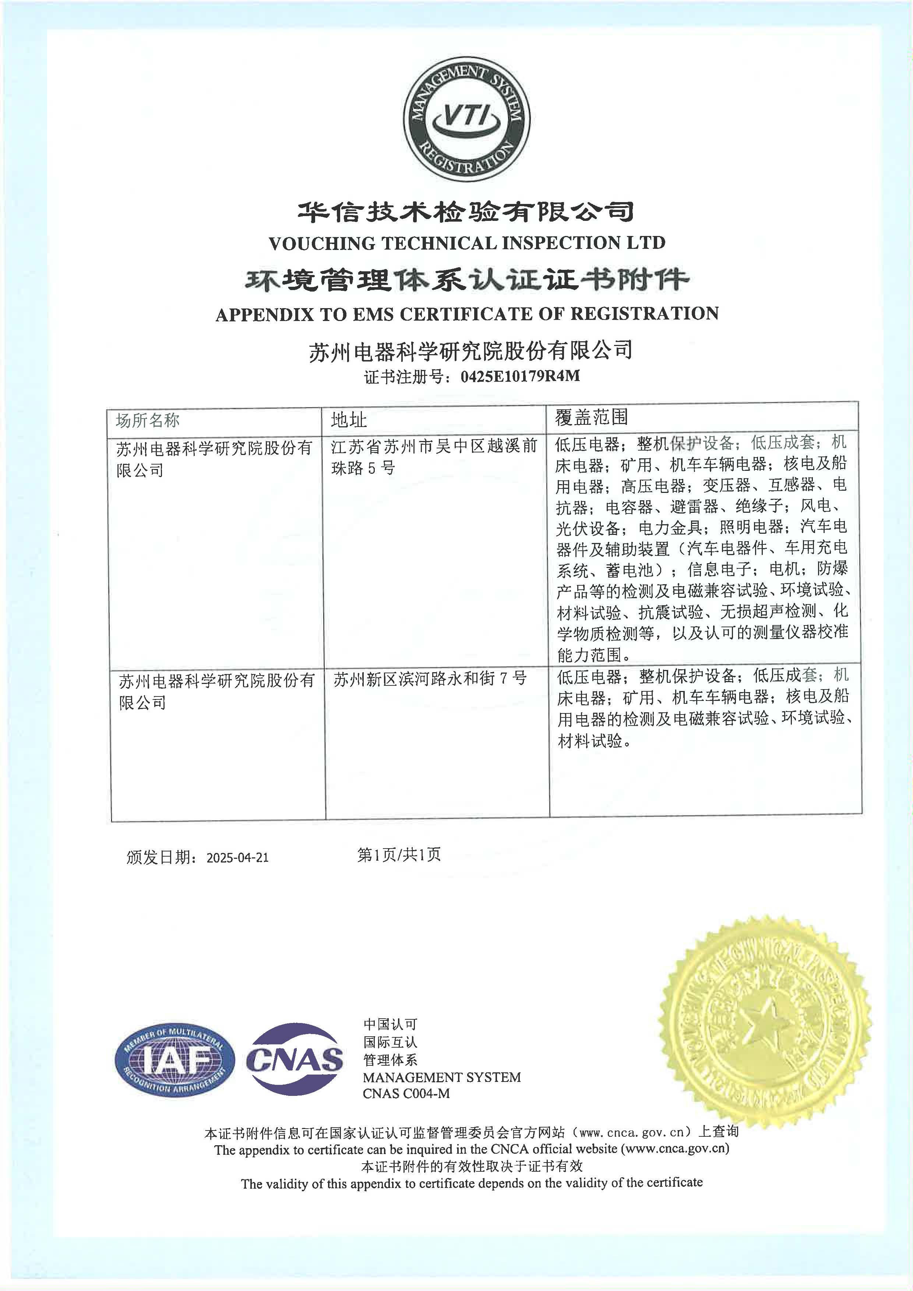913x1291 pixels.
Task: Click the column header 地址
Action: click(x=349, y=419)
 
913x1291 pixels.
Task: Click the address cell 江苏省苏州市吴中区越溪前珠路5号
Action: click(x=434, y=456)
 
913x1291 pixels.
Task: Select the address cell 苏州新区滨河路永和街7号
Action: click(x=430, y=679)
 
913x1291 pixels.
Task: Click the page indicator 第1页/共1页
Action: click(x=399, y=855)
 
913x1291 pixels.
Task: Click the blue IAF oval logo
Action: click(x=175, y=1061)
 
